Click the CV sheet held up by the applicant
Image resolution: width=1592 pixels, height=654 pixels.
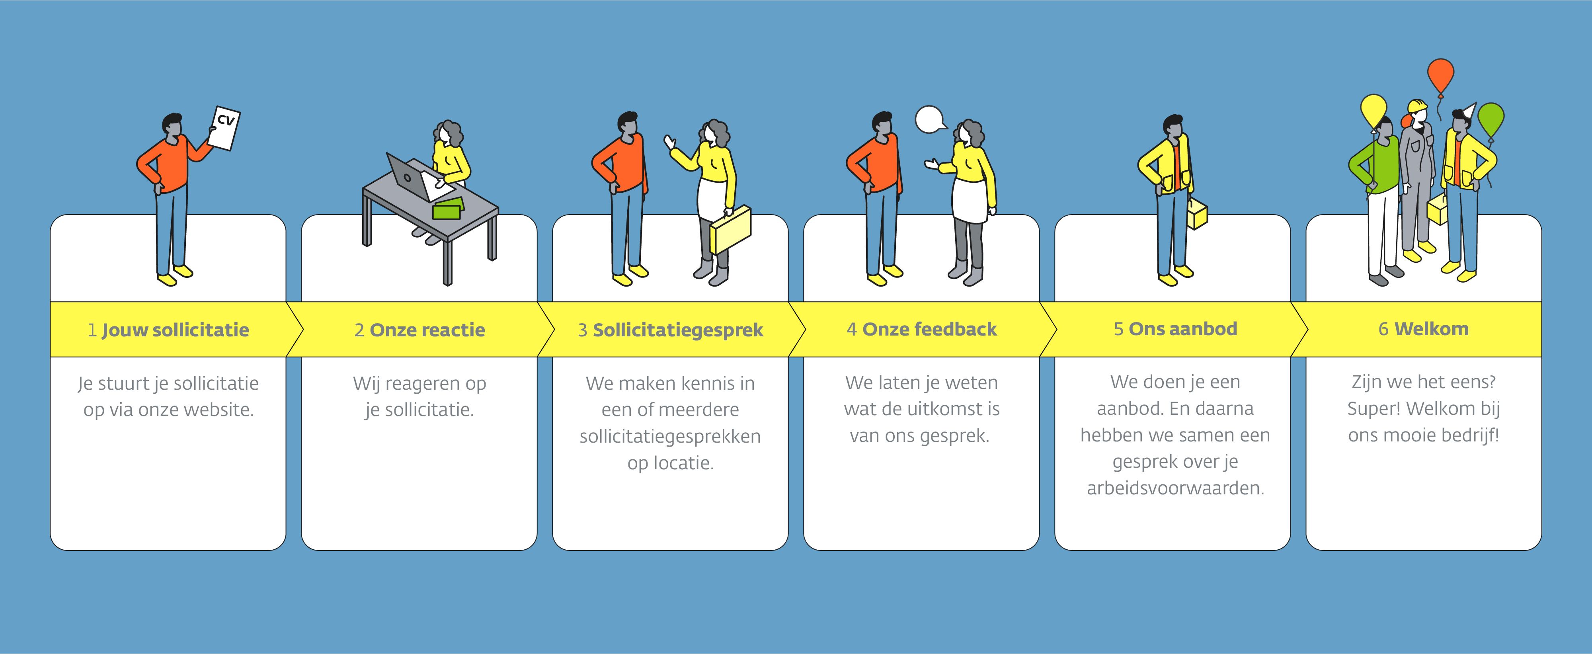coord(224,128)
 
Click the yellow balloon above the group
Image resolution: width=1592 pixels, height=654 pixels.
coord(1374,111)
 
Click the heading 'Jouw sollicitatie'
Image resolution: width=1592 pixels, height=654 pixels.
coord(176,330)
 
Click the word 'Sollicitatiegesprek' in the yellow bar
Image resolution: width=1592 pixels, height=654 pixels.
coord(678,330)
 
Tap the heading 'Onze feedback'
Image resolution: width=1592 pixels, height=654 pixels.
coord(929,330)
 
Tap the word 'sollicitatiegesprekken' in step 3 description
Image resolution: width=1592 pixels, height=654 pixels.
coord(670,436)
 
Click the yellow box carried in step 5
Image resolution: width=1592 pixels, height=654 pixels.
coord(1196,213)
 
